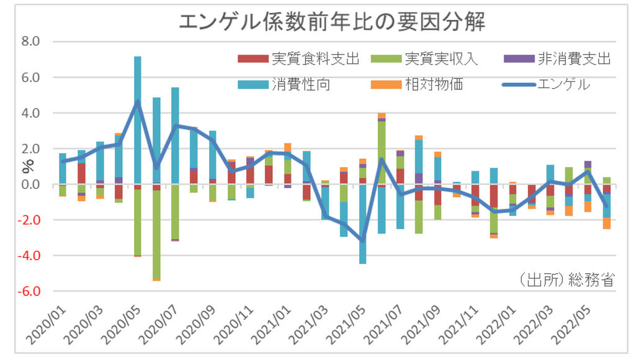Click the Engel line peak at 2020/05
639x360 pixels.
tap(138, 101)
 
